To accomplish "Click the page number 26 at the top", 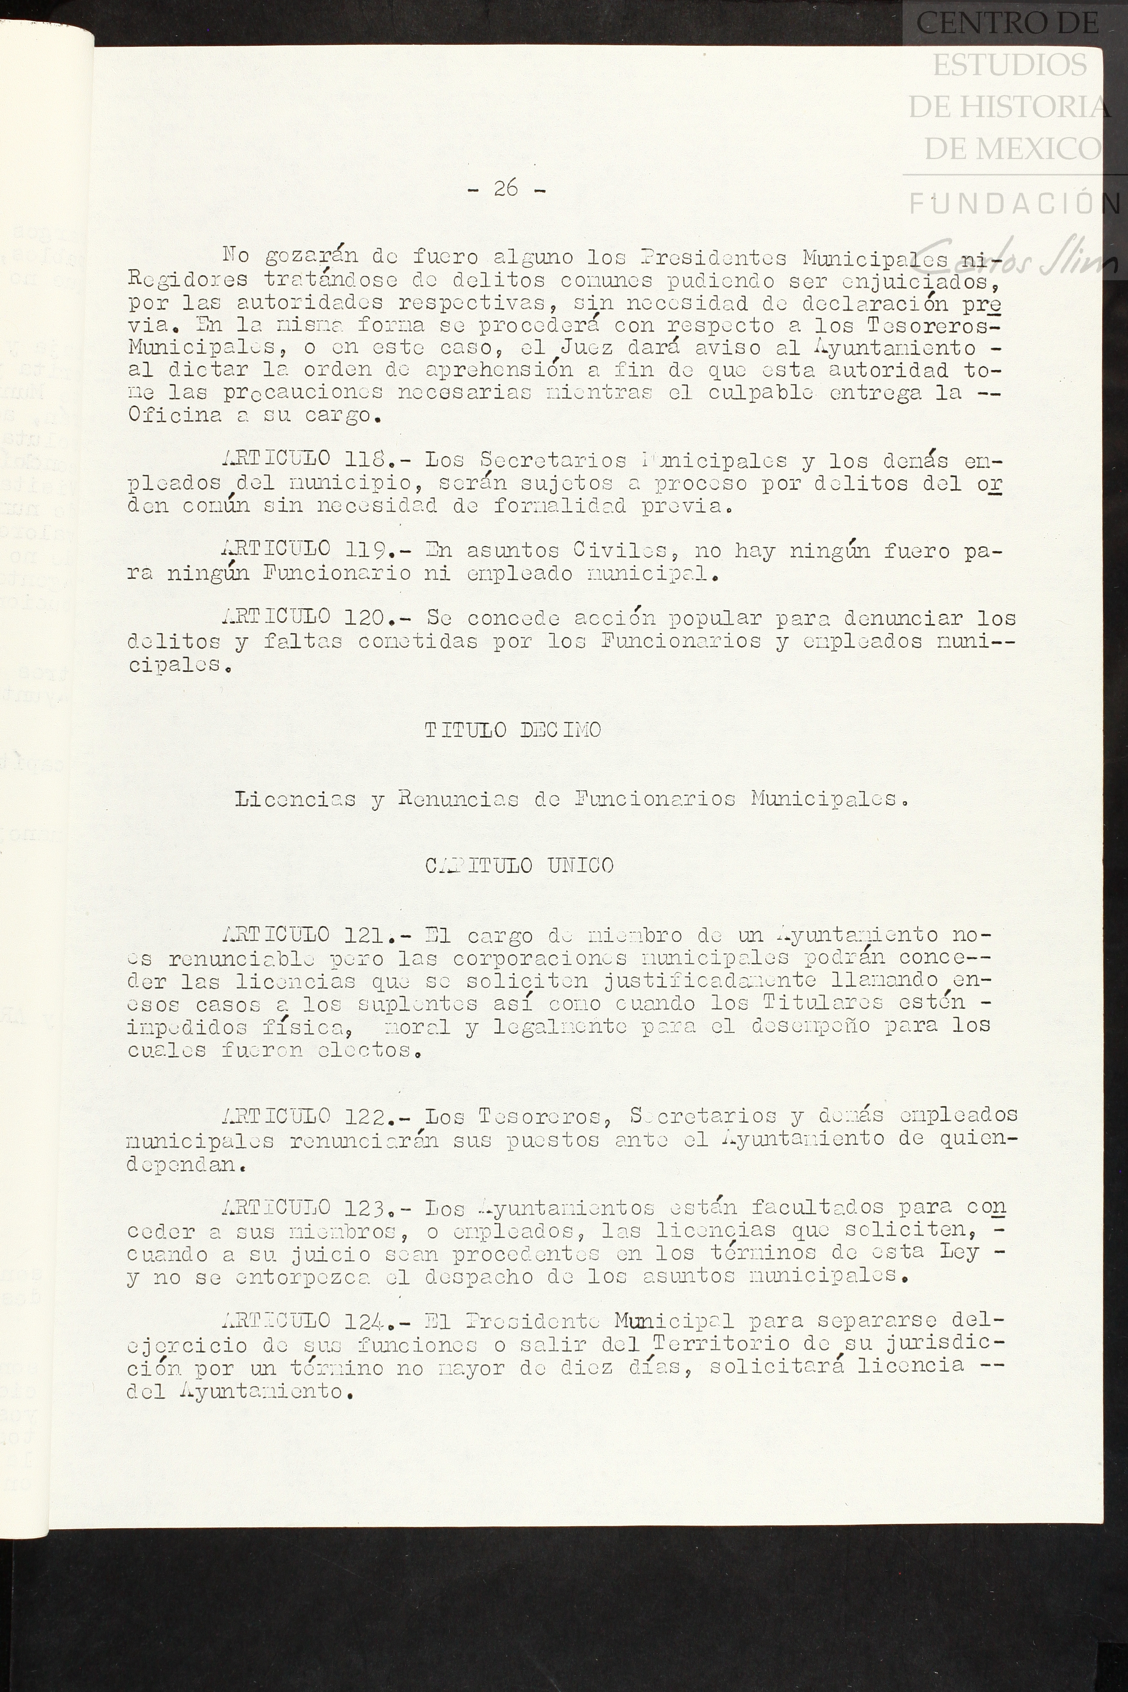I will [506, 188].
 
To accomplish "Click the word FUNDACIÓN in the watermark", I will [1014, 204].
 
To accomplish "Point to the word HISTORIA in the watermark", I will [1009, 108].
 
